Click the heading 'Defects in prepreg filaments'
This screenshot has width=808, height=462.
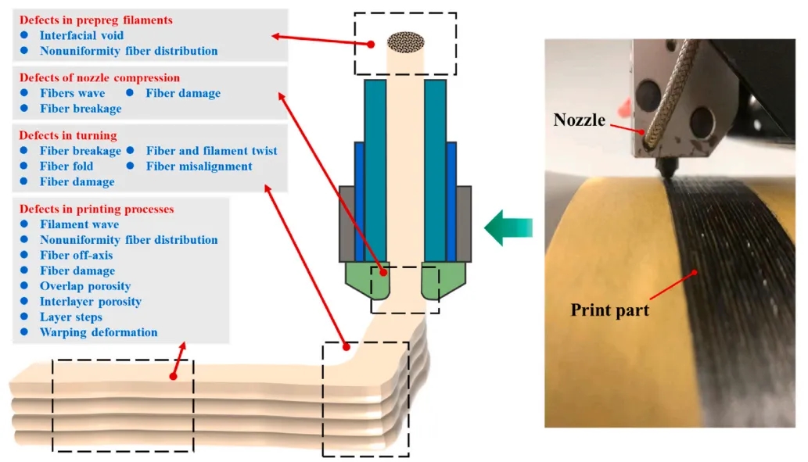96,19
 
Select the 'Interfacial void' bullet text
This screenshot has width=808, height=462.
81,35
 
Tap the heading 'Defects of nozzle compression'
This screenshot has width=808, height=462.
99,77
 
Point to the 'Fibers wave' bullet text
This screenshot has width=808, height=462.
72,93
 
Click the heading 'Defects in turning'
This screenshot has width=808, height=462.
68,135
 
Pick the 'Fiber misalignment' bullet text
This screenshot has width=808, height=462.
199,166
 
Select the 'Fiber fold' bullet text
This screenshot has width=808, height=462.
66,166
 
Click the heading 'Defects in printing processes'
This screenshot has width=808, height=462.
96,209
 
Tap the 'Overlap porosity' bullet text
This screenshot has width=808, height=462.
85,286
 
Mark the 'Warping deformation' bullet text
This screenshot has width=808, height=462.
99,332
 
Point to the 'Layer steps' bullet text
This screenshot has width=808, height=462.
71,317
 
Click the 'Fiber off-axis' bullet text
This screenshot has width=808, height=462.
77,256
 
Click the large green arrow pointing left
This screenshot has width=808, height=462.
508,227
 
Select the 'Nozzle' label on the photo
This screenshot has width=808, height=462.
580,120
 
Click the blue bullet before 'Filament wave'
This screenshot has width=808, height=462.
25,224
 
